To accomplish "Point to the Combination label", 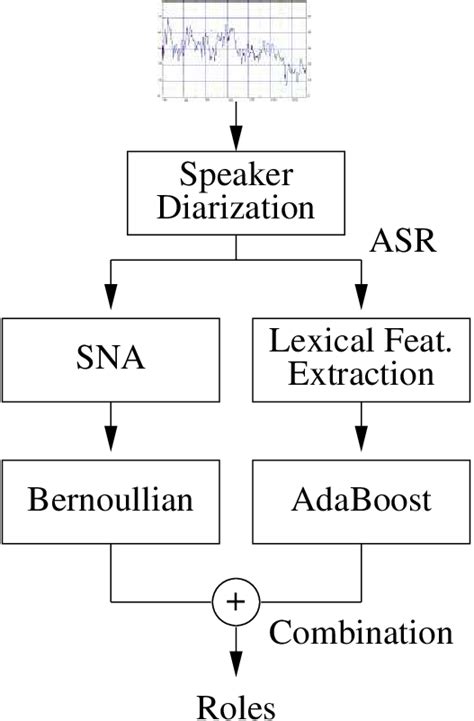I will click(360, 632).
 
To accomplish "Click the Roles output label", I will click(237, 707).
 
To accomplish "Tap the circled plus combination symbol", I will click(237, 601).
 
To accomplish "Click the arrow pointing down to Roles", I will click(237, 655).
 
